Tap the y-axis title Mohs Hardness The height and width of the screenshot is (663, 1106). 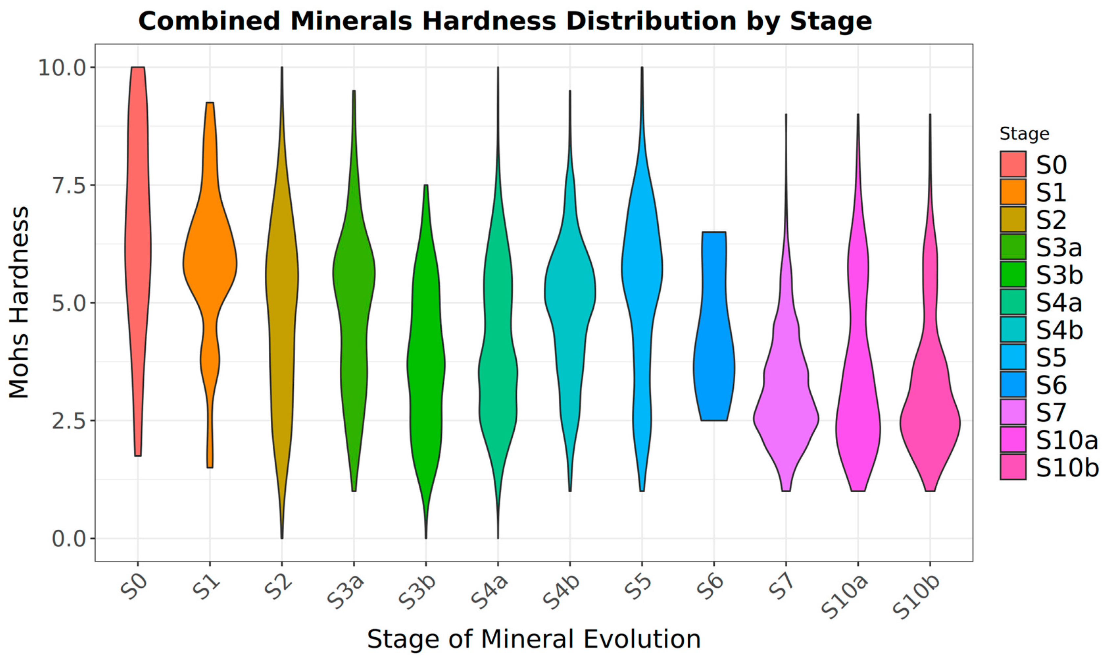point(19,302)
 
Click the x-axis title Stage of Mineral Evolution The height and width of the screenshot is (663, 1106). point(533,639)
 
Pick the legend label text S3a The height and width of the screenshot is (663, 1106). point(1059,247)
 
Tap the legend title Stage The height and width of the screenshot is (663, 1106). point(1024,134)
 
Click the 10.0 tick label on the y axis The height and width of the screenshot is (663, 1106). point(61,67)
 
